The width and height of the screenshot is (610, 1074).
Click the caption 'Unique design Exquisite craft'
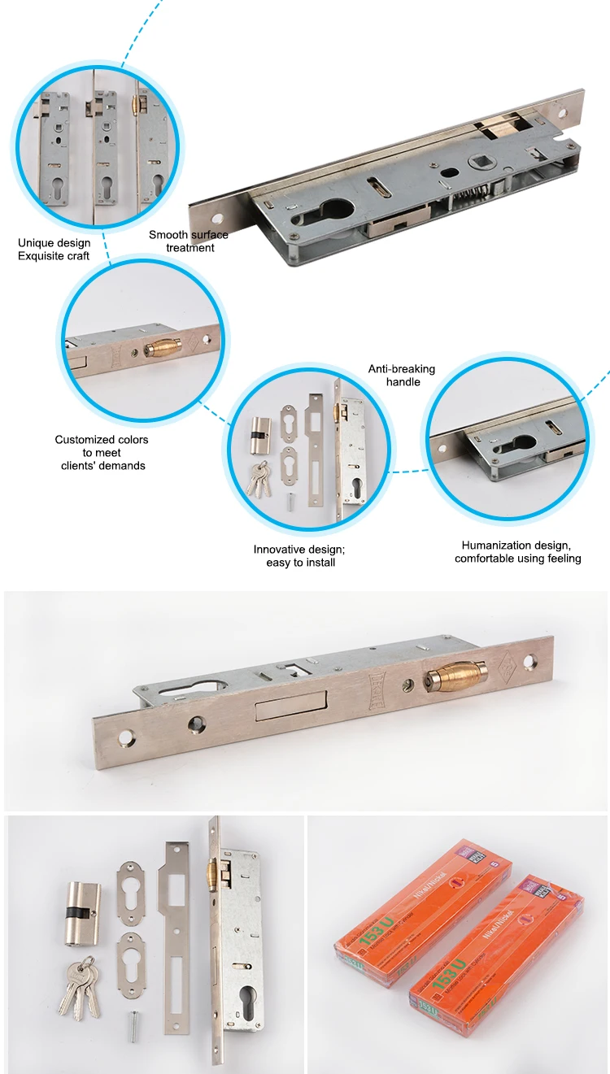[54, 250]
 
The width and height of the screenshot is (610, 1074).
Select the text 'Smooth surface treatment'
[189, 241]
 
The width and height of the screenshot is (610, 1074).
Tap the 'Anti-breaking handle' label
[402, 375]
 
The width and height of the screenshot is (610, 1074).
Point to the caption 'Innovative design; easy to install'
[301, 555]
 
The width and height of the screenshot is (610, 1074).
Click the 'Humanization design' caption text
[517, 546]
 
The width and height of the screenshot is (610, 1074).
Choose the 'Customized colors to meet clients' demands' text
[102, 452]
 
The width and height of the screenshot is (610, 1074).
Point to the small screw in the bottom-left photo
[131, 1026]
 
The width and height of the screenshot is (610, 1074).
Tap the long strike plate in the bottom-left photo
[176, 935]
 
